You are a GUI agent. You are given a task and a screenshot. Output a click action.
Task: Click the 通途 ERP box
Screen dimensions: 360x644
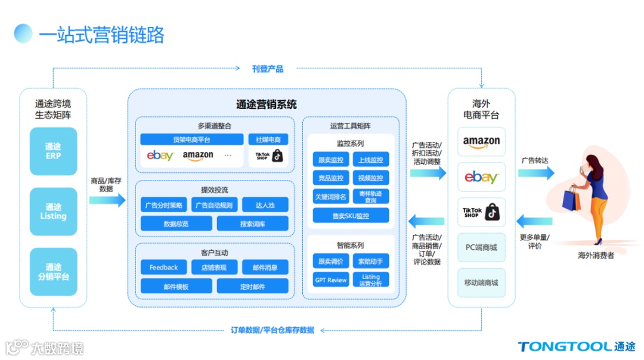[53, 151]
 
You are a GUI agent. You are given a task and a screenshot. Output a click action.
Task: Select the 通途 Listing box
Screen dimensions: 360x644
[53, 211]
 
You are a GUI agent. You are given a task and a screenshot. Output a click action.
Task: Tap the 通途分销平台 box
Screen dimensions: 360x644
[53, 272]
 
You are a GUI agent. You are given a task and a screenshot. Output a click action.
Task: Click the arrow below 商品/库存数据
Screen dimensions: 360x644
[107, 200]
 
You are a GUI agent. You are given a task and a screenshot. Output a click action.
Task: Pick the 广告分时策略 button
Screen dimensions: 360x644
[164, 205]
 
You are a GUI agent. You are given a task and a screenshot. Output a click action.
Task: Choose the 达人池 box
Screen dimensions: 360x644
[265, 205]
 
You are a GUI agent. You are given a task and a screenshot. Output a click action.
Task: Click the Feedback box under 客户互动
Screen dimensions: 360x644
[164, 268]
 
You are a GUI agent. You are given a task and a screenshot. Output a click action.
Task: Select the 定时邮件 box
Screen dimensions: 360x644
[252, 286]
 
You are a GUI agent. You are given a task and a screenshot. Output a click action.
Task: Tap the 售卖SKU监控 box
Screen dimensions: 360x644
[351, 216]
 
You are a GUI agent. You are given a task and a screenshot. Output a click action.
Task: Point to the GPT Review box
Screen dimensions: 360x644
[330, 280]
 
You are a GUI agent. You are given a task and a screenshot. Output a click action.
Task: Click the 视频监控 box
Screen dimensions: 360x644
[371, 178]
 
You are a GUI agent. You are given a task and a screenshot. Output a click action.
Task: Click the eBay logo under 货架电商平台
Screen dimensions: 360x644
[160, 156]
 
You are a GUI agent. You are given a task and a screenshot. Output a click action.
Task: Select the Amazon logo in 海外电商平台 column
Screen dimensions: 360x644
[481, 142]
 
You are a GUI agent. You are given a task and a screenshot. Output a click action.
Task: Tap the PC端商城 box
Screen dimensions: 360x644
[481, 247]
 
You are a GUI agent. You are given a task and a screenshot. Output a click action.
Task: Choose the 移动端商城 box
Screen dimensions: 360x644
[481, 283]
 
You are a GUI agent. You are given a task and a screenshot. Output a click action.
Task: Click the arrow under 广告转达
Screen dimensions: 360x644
[535, 173]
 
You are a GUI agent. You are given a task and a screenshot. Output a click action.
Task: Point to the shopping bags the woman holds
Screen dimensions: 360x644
[571, 198]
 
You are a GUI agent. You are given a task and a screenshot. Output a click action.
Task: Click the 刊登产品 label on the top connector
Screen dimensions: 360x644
[268, 69]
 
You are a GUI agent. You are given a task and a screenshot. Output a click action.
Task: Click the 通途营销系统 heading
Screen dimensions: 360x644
[267, 105]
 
